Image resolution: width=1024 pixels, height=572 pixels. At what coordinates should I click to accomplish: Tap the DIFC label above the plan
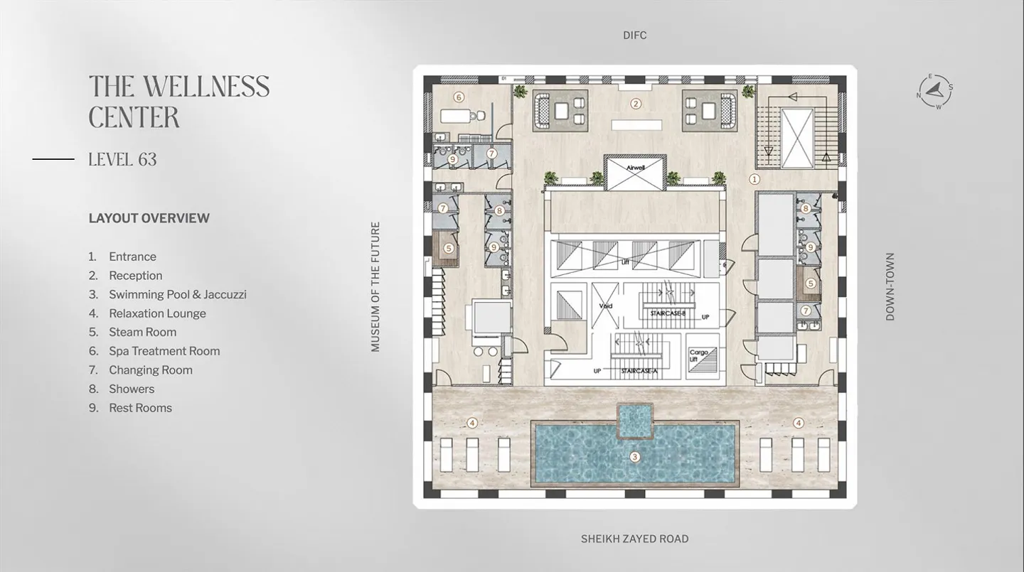pyautogui.click(x=634, y=35)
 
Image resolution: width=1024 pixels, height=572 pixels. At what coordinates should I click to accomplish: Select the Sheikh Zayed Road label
pyautogui.click(x=634, y=539)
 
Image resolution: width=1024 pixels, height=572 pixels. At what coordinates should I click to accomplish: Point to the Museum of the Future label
pyautogui.click(x=375, y=286)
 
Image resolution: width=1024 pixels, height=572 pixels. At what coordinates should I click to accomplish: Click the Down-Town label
pyautogui.click(x=890, y=286)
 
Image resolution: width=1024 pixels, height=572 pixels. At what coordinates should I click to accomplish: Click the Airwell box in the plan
pyautogui.click(x=635, y=173)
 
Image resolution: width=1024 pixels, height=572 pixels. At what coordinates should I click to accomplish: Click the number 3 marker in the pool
pyautogui.click(x=635, y=457)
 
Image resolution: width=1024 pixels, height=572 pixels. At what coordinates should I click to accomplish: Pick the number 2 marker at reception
pyautogui.click(x=636, y=104)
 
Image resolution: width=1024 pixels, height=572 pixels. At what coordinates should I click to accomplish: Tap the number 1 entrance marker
pyautogui.click(x=754, y=180)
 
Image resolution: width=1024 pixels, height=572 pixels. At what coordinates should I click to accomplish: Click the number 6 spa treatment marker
pyautogui.click(x=459, y=97)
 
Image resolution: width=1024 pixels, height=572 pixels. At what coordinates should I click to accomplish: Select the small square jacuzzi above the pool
pyautogui.click(x=634, y=420)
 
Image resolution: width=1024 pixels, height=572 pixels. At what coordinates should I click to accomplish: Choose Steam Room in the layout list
pyautogui.click(x=142, y=332)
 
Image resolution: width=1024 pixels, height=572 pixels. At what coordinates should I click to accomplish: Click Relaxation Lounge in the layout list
pyautogui.click(x=157, y=313)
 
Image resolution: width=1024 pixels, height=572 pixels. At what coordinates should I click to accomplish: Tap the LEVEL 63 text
pyautogui.click(x=122, y=159)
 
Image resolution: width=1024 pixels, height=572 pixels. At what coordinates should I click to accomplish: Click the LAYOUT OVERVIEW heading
pyautogui.click(x=149, y=218)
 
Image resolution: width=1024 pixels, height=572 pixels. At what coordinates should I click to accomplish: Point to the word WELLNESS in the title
pyautogui.click(x=207, y=87)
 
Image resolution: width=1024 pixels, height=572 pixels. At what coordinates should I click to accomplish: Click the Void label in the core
pyautogui.click(x=605, y=306)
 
